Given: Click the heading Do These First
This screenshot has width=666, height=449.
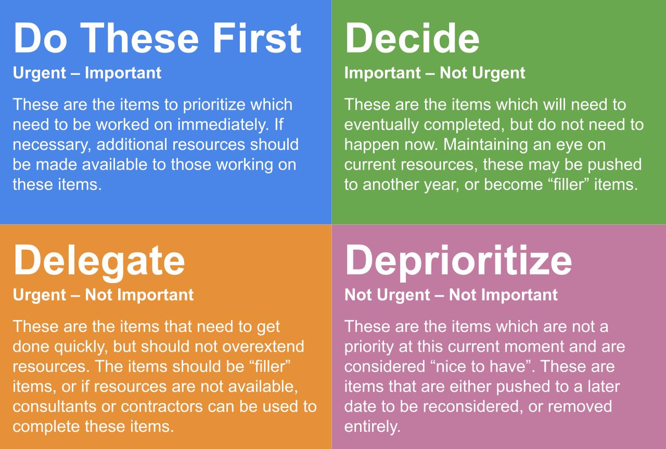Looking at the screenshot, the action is click(x=157, y=39).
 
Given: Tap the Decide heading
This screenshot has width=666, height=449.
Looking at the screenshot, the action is click(x=412, y=39).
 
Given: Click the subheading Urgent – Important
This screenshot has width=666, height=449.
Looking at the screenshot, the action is click(x=87, y=73).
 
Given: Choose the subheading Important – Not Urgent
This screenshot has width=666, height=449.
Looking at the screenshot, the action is click(x=434, y=73).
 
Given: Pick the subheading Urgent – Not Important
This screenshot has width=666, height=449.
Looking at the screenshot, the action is click(x=104, y=295).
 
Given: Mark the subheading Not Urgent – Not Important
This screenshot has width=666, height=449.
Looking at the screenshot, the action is click(x=451, y=295).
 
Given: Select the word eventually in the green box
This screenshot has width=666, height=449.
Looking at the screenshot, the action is click(x=381, y=125).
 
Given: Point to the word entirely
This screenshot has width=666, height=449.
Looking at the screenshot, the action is click(x=373, y=427).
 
